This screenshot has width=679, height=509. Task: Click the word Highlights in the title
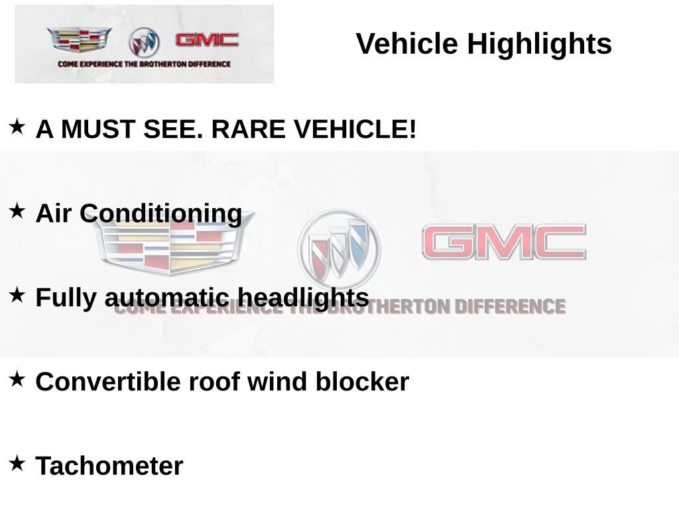point(539,44)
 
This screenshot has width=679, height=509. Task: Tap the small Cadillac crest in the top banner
point(79,40)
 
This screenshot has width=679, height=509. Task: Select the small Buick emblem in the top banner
point(144,42)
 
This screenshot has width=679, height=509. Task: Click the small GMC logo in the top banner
point(207,40)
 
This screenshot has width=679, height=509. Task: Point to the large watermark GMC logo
point(504,242)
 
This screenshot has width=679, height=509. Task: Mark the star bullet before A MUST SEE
point(17,126)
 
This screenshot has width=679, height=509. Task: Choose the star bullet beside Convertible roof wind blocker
point(17,379)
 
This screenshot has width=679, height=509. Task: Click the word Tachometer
point(109,466)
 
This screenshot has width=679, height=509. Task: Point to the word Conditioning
point(161,214)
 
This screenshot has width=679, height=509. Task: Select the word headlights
point(302,298)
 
